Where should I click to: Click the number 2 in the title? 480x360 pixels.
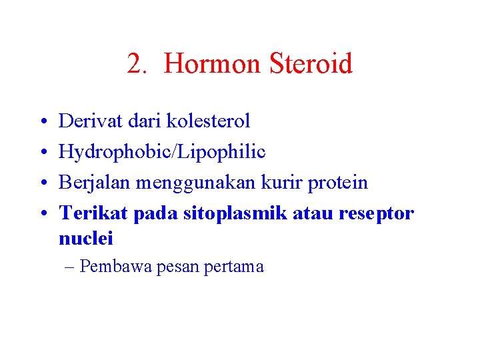pyautogui.click(x=135, y=65)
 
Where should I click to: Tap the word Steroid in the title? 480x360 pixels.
pyautogui.click(x=311, y=65)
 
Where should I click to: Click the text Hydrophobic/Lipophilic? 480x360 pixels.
pyautogui.click(x=162, y=152)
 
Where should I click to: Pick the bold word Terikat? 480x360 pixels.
pyautogui.click(x=93, y=213)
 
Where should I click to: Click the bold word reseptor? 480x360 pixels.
pyautogui.click(x=376, y=213)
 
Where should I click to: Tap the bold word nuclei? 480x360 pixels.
pyautogui.click(x=86, y=238)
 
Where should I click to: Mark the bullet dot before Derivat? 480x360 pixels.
pyautogui.click(x=41, y=121)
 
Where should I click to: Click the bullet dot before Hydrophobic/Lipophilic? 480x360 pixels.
pyautogui.click(x=41, y=153)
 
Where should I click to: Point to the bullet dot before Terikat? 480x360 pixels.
pyautogui.click(x=41, y=214)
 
